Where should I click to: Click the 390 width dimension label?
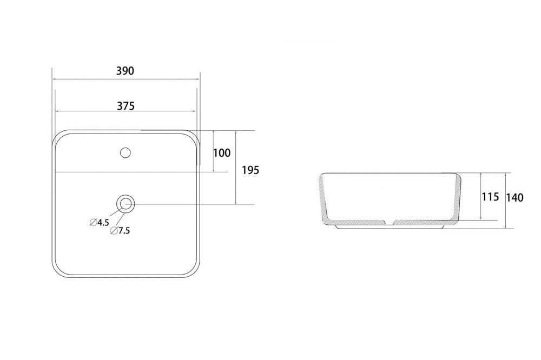tap(125, 71)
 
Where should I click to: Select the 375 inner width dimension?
tap(126, 106)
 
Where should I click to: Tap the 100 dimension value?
tap(221, 153)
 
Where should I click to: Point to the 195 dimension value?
tap(250, 170)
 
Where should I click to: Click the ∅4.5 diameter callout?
tap(100, 222)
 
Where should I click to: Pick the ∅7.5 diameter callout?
tap(120, 231)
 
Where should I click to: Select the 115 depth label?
tap(490, 197)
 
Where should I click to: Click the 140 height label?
tap(515, 198)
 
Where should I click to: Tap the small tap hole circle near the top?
tap(126, 152)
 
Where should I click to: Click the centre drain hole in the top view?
tap(126, 204)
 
